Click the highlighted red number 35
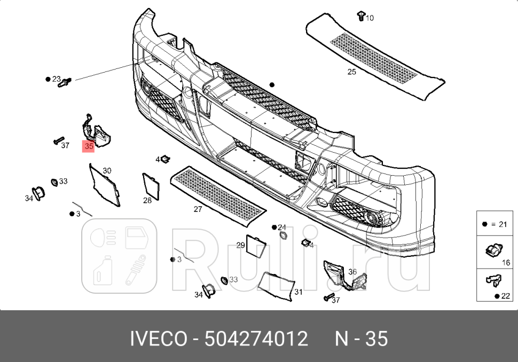[89, 146]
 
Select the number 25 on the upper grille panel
[351, 72]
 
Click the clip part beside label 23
[66, 82]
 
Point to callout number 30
[107, 171]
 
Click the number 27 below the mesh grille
[198, 209]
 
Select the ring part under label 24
[283, 236]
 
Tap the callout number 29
[240, 245]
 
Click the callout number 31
[298, 292]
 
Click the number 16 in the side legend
[506, 263]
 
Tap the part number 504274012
[257, 339]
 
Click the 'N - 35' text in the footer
[361, 339]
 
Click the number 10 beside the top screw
[370, 18]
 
